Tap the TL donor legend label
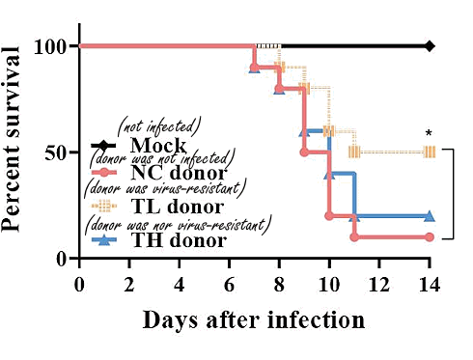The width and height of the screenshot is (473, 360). click(x=176, y=206)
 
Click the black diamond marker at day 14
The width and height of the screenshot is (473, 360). click(x=430, y=45)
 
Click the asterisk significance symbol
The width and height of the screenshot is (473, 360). click(x=429, y=134)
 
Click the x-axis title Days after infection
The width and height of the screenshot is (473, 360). click(x=254, y=319)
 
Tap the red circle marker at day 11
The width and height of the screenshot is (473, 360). click(x=354, y=236)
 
